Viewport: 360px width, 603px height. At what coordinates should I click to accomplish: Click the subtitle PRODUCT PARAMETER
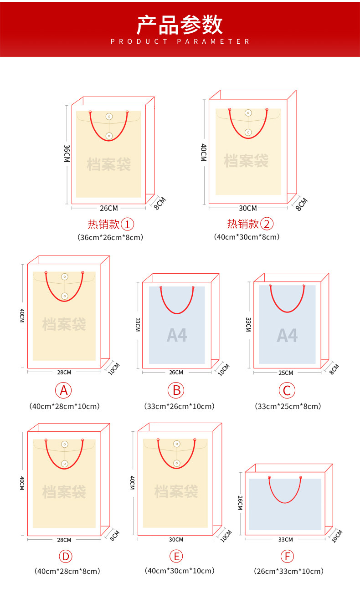coord(180,41)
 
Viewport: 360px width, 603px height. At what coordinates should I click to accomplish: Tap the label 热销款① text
coord(111,224)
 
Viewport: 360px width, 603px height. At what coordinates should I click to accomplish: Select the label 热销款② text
coord(250,224)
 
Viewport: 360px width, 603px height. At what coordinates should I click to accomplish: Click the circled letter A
coord(64,390)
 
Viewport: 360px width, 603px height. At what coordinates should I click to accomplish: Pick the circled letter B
coord(176,390)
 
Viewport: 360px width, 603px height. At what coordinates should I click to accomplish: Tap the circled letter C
coord(287,390)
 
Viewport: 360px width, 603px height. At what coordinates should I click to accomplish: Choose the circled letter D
coord(66,556)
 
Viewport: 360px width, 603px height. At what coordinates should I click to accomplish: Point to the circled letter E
coord(176,556)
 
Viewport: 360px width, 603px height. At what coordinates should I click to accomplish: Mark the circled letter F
coord(287,556)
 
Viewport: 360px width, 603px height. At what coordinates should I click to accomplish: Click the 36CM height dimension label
coord(67,153)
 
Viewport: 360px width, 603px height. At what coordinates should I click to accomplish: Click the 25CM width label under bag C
coord(286,373)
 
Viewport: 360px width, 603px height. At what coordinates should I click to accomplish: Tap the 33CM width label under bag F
coord(286,539)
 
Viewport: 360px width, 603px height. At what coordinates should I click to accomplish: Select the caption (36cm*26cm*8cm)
coord(110,237)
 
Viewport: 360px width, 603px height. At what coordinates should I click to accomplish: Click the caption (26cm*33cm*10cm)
coord(288,571)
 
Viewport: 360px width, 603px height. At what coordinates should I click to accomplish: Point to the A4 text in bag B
coord(177,335)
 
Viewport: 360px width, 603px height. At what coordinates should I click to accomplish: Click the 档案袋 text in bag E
coord(176,491)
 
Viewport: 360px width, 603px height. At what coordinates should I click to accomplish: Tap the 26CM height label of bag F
coord(240,503)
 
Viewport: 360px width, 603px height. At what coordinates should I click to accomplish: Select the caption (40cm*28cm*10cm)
coord(64,406)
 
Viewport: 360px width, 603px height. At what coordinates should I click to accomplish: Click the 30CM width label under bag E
coord(176,539)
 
